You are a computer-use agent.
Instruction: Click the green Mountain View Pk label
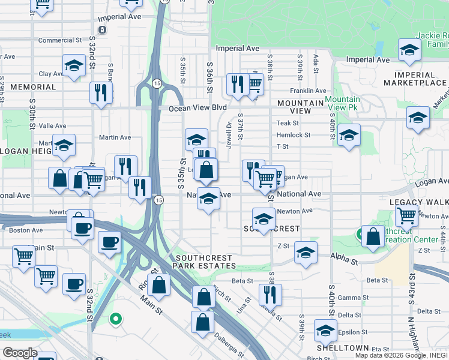click(342, 103)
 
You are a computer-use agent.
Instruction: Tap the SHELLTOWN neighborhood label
click(343, 348)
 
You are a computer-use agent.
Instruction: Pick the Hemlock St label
click(294, 136)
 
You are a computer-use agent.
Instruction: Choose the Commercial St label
click(59, 41)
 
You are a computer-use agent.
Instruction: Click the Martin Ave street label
click(115, 137)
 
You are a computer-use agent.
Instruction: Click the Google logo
click(20, 353)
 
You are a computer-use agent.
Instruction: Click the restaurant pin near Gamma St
click(271, 294)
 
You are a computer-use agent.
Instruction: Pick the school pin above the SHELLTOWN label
click(325, 330)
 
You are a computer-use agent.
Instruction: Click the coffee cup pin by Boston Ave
click(82, 227)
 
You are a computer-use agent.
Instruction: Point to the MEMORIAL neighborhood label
click(33, 87)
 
